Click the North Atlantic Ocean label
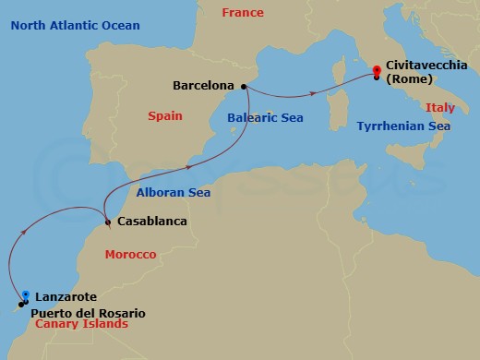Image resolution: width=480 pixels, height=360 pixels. pos(76,25)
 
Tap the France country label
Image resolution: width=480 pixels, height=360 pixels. pos(243,13)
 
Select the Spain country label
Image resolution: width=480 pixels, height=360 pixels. pos(165,116)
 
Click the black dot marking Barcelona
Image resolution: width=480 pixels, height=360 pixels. pos(244,87)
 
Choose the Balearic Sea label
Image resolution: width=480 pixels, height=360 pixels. pos(264,117)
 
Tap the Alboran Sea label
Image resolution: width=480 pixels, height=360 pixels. pos(173,192)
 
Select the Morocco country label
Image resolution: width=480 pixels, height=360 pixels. pos(129,253)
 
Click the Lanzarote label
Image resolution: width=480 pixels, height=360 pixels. pos(65,296)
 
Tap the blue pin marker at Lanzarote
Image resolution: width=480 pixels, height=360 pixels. pos(26,295)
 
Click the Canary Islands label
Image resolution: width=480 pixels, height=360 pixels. pos(81,326)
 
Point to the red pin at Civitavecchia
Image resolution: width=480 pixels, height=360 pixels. pos(377,70)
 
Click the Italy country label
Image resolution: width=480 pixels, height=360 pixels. pos(440,108)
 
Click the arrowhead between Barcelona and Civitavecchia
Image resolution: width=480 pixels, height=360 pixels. pos(316,92)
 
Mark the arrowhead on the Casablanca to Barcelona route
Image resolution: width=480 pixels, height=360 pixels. pos(188,167)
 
